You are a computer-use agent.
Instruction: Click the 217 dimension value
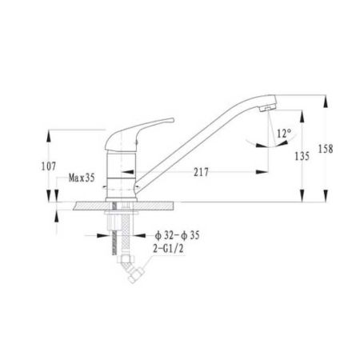point(201,172)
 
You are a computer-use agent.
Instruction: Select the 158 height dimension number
point(326,149)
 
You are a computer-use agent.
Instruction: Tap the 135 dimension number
point(302,156)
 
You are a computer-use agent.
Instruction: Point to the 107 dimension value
point(49,166)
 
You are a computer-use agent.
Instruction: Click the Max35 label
point(82,178)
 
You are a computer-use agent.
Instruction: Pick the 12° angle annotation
point(284,133)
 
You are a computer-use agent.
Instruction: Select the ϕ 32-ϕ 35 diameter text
point(178,235)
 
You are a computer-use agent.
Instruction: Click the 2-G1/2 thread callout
point(168,249)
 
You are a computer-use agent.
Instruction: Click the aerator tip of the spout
point(267,108)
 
